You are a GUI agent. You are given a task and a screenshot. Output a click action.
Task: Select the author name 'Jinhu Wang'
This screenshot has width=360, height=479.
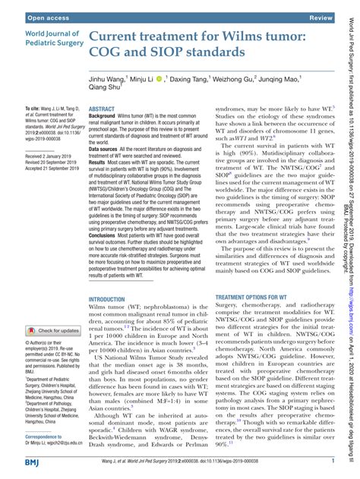click(x=112, y=78)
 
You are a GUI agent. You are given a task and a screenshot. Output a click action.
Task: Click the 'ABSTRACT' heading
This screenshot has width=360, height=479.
click(x=104, y=110)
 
